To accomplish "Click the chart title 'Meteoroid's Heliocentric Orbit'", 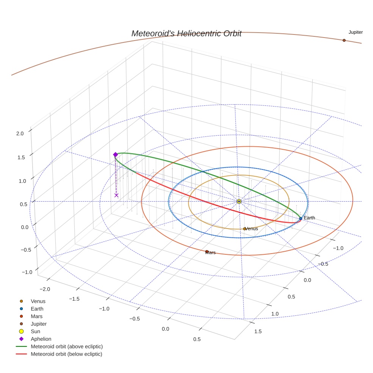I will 186,34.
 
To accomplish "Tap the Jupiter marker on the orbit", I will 344,40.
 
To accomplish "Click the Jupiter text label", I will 356,32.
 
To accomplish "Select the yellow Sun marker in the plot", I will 239,201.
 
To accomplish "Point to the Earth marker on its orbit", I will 301,218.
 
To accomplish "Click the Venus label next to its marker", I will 252,229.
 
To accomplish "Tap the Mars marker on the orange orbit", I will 207,251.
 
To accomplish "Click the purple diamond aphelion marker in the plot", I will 116,155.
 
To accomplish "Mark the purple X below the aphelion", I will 116,195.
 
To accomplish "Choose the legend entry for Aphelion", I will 41,339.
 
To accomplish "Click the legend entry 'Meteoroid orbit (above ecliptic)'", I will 67,346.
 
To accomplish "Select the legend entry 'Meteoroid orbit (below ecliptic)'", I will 67,354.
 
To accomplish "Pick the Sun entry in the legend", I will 35,331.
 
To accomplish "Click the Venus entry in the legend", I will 38,301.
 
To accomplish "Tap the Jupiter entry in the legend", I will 39,324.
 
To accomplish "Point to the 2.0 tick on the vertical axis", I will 20,133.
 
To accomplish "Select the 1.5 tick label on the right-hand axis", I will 257,331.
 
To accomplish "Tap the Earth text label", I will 309,218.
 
